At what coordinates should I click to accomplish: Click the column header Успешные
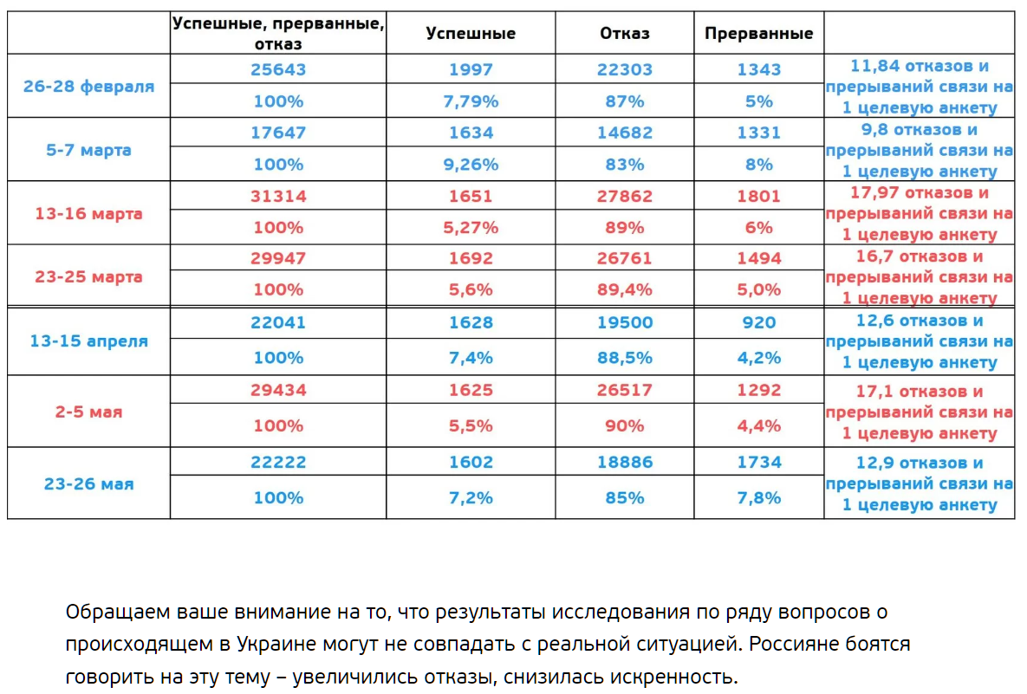pos(471,33)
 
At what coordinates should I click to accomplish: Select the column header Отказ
pos(624,33)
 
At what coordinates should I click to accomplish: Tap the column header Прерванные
pos(758,33)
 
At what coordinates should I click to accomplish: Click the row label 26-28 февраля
pos(88,86)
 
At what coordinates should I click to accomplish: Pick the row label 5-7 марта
pos(88,149)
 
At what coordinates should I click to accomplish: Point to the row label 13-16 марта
pos(88,213)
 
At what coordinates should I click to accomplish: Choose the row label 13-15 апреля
pos(88,341)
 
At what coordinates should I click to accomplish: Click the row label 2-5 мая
pos(88,412)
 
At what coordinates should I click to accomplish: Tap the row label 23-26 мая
pos(88,483)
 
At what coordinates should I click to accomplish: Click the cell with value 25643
pos(278,69)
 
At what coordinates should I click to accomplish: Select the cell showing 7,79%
pos(471,101)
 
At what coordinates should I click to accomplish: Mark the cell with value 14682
pos(624,133)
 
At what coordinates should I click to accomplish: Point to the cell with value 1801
pos(758,196)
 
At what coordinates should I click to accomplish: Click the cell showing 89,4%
pos(624,290)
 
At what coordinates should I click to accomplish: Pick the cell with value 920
pos(758,322)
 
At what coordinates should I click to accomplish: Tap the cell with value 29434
pos(278,390)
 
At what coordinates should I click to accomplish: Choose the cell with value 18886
pos(624,463)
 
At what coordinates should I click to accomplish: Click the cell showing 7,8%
pos(758,498)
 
